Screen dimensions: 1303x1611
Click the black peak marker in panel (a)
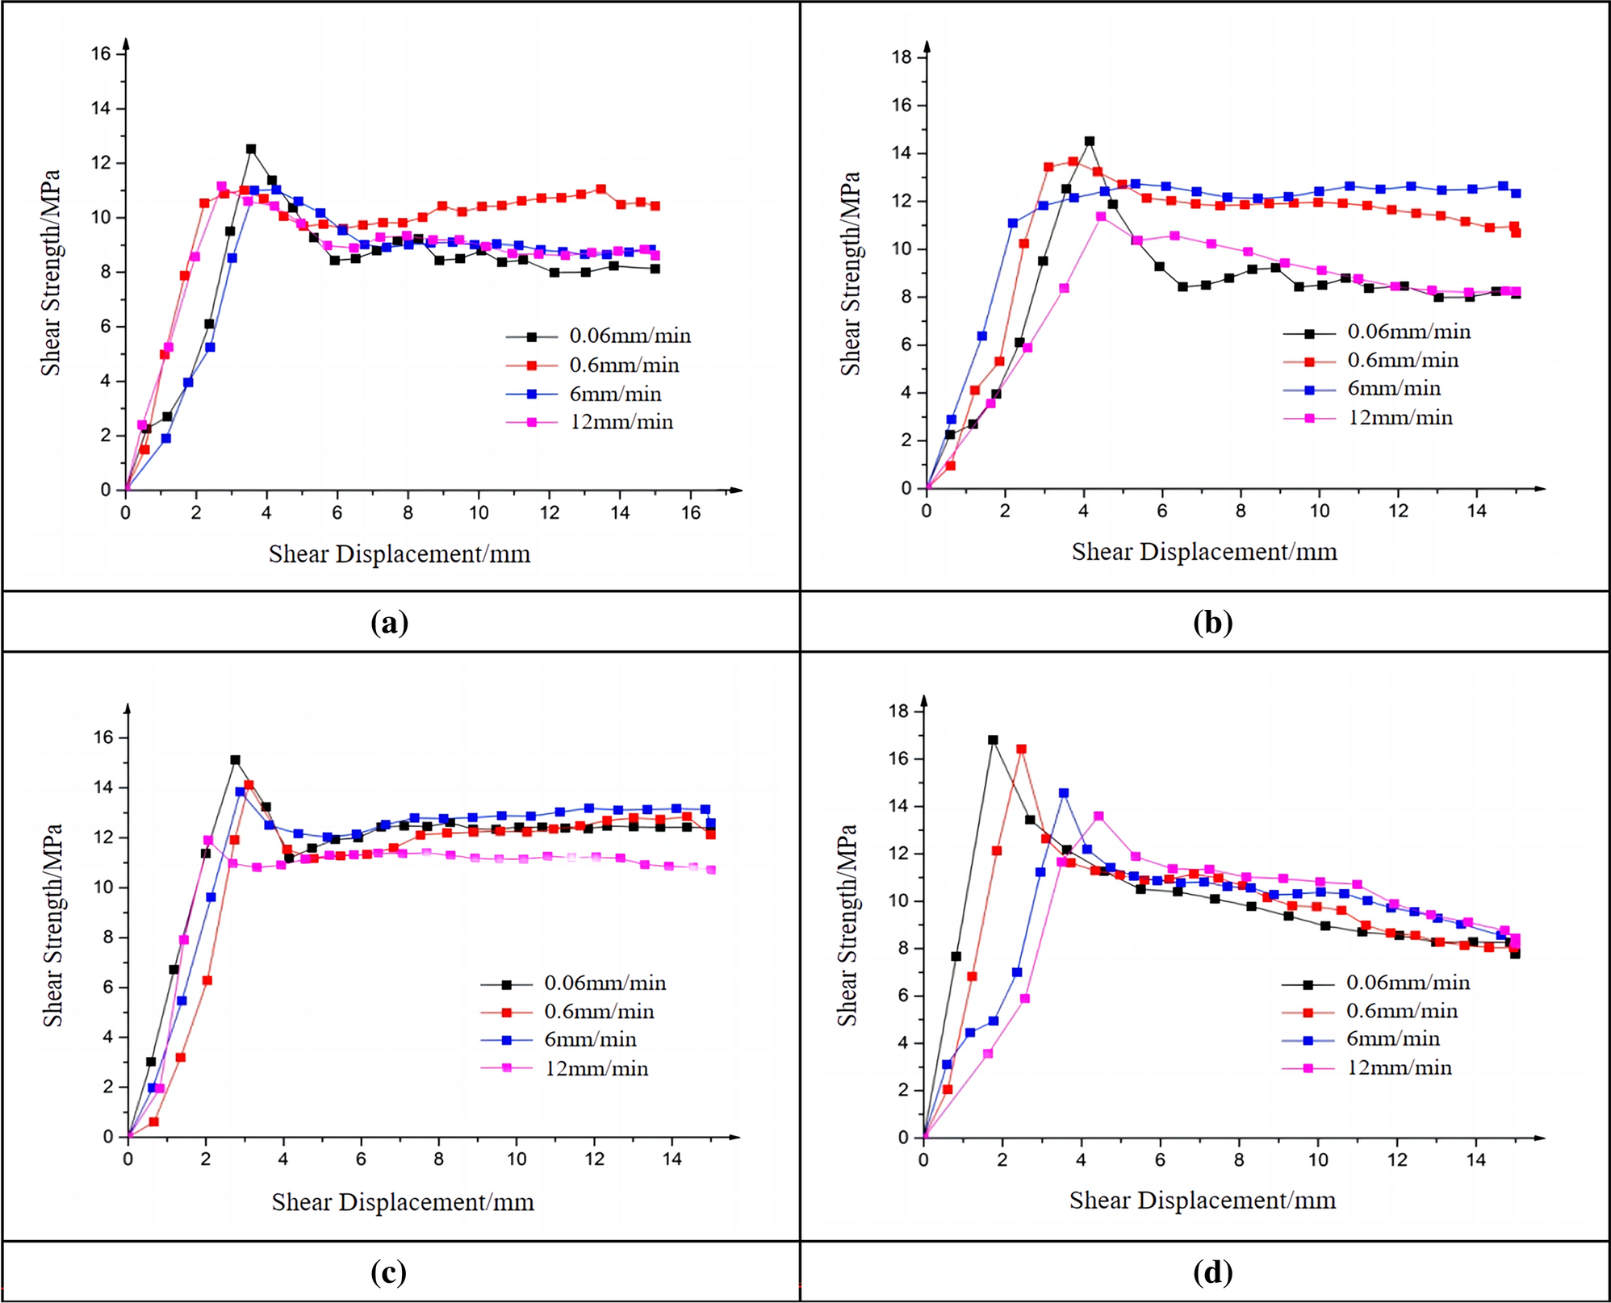click(251, 149)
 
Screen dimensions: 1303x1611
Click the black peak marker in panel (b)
click(1090, 141)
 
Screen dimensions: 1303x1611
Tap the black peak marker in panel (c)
click(235, 760)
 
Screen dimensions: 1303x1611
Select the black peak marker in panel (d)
click(993, 740)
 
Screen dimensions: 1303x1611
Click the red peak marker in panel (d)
click(1021, 750)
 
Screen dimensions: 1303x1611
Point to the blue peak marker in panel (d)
click(1064, 793)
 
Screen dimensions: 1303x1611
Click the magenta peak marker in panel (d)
click(1098, 816)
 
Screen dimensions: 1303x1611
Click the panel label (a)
click(389, 622)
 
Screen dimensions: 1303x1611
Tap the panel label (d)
click(1212, 1272)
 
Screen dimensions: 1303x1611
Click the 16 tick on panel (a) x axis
click(691, 513)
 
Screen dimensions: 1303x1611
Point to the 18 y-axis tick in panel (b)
click(902, 57)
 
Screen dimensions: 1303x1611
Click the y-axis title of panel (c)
click(52, 925)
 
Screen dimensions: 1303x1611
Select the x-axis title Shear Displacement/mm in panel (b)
click(1204, 552)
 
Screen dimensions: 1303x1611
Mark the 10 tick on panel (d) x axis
click(1318, 1160)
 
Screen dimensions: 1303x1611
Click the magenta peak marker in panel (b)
click(1101, 216)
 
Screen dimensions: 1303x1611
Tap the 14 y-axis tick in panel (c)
click(103, 788)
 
